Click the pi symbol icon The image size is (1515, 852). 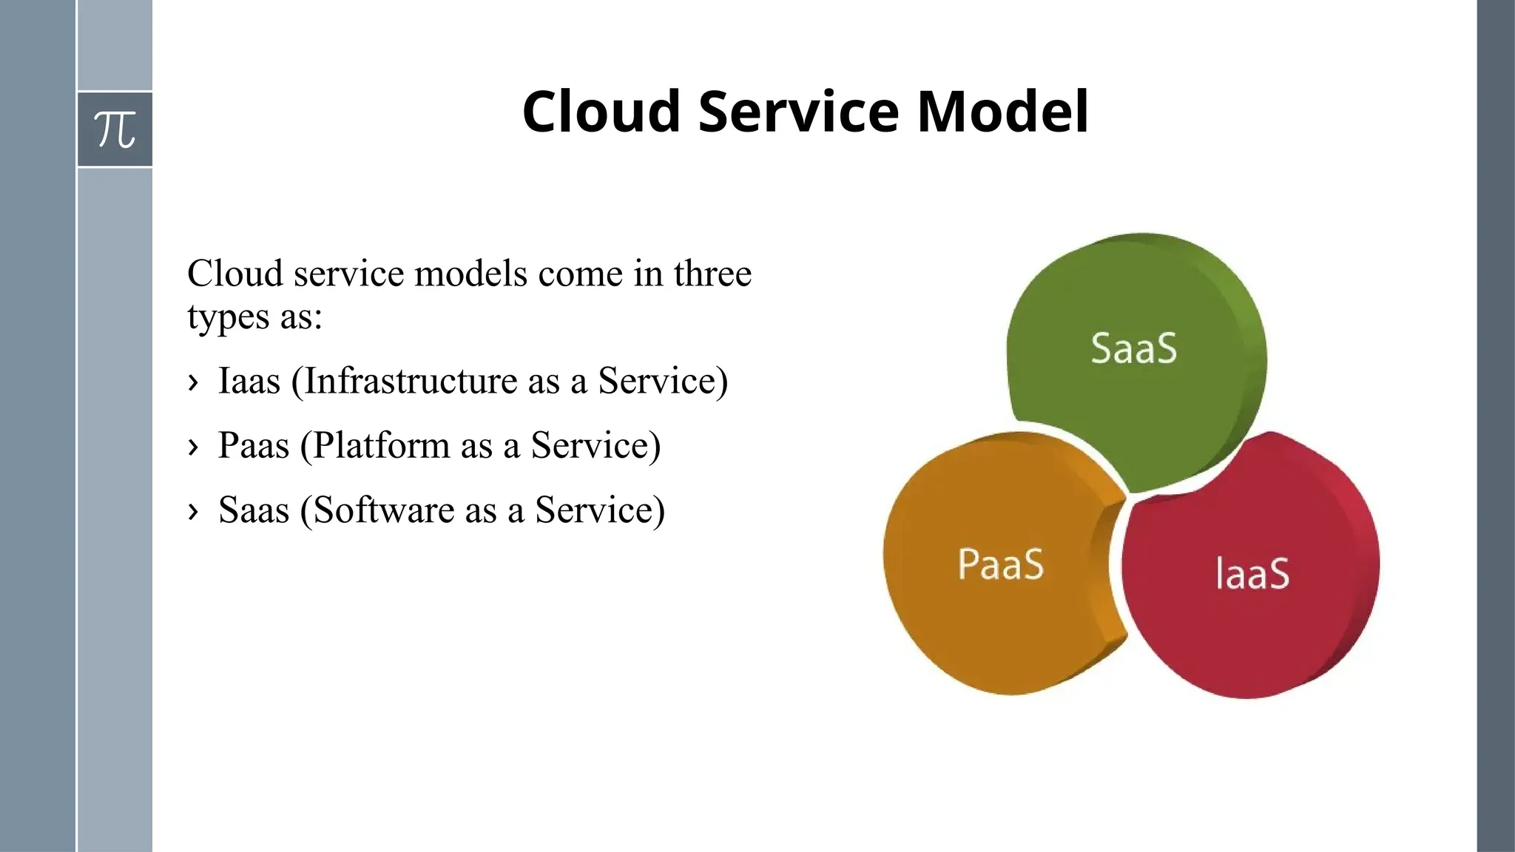pyautogui.click(x=115, y=129)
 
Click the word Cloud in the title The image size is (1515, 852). pyautogui.click(x=601, y=112)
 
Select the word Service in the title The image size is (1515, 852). pyautogui.click(x=798, y=112)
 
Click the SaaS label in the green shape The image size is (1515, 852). pyautogui.click(x=1133, y=348)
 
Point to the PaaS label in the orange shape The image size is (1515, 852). pyautogui.click(x=1000, y=564)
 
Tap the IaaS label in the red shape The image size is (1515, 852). pyautogui.click(x=1252, y=574)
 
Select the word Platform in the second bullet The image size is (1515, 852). pyautogui.click(x=381, y=446)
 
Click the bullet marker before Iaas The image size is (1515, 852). pyautogui.click(x=193, y=382)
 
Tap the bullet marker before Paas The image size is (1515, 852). pyautogui.click(x=193, y=447)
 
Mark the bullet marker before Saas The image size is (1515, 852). pyautogui.click(x=193, y=511)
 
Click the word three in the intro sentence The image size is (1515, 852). pyautogui.click(x=712, y=274)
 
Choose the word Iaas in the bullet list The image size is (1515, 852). pyautogui.click(x=249, y=382)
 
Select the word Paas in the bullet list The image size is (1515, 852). pyautogui.click(x=253, y=446)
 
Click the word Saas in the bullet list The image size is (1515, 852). pyautogui.click(x=253, y=510)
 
